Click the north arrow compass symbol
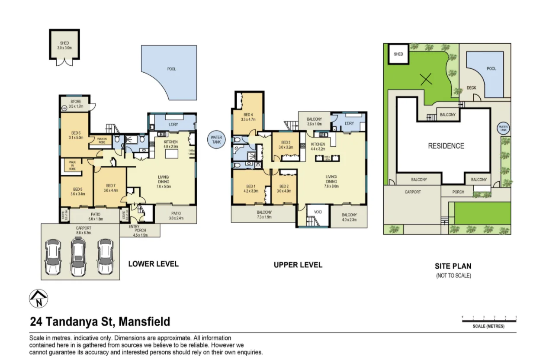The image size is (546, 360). point(39,299)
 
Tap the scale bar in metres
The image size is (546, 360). point(489,321)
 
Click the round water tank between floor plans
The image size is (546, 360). point(216,140)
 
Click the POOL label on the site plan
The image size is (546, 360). point(491,69)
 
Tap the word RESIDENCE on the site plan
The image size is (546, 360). point(446,146)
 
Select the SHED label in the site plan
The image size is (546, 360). point(398,54)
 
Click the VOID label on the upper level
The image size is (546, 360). point(318,212)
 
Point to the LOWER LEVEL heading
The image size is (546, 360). point(153,264)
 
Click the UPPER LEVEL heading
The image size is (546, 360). point(298,265)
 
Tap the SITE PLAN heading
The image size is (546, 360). point(453,267)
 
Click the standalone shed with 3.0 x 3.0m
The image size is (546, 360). point(64,45)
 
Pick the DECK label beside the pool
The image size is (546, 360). point(471,88)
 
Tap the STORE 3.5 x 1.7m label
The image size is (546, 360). point(76,104)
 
